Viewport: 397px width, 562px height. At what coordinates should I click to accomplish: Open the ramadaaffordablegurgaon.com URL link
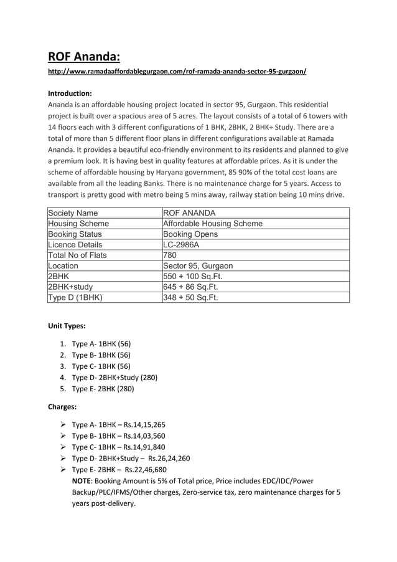[x=177, y=72]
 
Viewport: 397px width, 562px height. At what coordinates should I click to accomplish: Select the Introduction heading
[x=70, y=93]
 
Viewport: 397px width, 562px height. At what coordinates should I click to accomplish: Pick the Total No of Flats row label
[x=77, y=255]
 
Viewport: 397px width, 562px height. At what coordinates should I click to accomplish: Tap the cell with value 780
[x=169, y=255]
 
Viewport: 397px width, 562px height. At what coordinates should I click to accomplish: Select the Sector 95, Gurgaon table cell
[x=197, y=265]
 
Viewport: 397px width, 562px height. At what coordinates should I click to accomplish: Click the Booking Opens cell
[x=190, y=234]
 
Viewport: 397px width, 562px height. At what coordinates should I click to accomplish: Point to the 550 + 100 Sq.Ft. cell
[x=192, y=276]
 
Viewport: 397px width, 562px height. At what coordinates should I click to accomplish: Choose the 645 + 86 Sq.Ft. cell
[x=190, y=287]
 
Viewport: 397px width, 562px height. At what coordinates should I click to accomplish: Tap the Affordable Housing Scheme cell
[x=212, y=224]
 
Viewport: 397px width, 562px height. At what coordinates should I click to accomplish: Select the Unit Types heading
[x=68, y=326]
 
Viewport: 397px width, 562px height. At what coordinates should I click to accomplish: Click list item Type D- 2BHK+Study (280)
[x=114, y=377]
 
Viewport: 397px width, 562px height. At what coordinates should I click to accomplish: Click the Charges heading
[x=62, y=407]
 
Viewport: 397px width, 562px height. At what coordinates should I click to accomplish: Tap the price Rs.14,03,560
[x=144, y=436]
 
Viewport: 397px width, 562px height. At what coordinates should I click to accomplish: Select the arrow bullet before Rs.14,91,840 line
[x=62, y=447]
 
